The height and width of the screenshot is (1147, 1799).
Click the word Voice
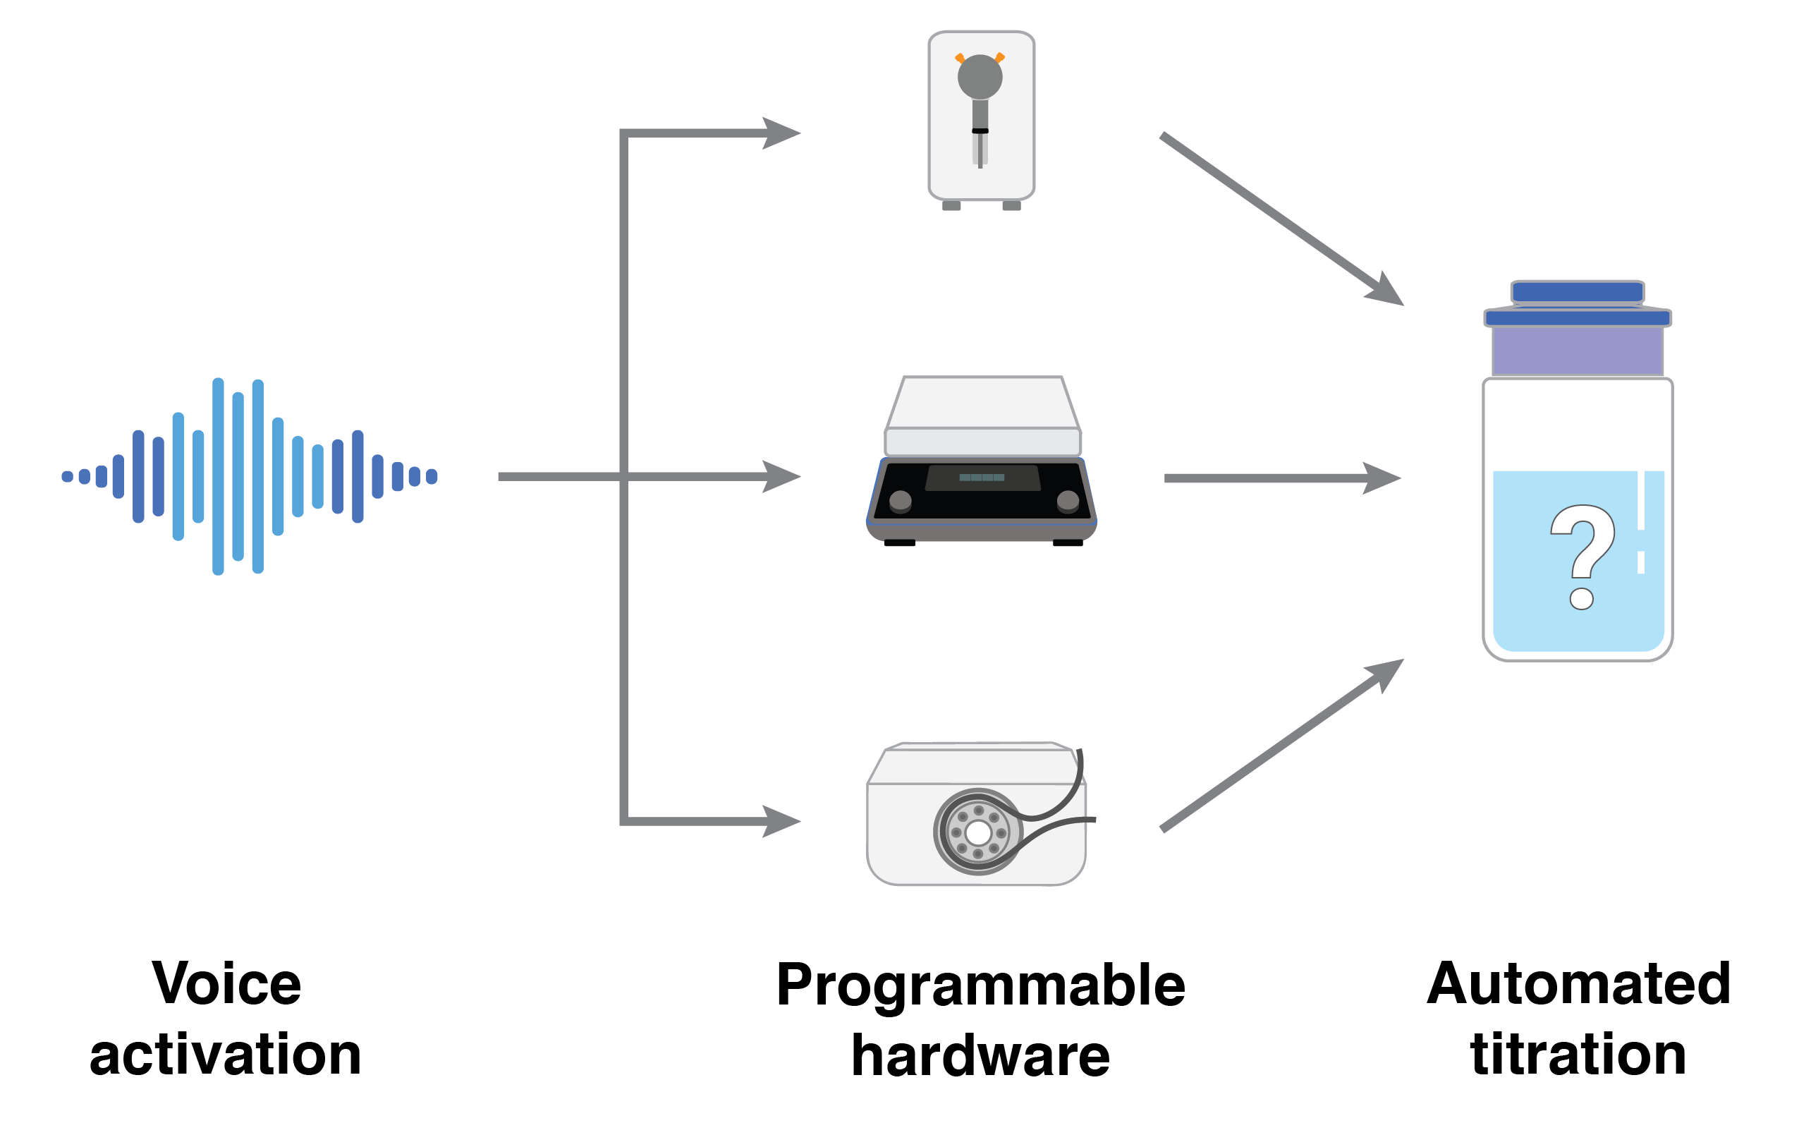pos(226,984)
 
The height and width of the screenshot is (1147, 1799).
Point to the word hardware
pos(980,1056)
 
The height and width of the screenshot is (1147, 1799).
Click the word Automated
pos(1578,984)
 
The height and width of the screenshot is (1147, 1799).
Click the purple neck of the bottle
pos(1577,351)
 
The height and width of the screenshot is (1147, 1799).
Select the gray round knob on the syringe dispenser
pos(980,76)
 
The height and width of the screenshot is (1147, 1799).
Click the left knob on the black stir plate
pos(901,500)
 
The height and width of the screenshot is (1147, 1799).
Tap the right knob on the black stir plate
pos(1068,500)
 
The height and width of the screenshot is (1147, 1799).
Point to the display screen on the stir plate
pos(982,478)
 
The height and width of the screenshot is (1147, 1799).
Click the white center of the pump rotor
pos(978,832)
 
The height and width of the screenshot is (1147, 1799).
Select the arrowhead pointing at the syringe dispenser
pos(781,134)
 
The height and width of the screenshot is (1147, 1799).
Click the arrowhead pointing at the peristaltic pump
pos(781,821)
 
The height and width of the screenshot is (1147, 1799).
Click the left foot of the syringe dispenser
pos(952,205)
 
